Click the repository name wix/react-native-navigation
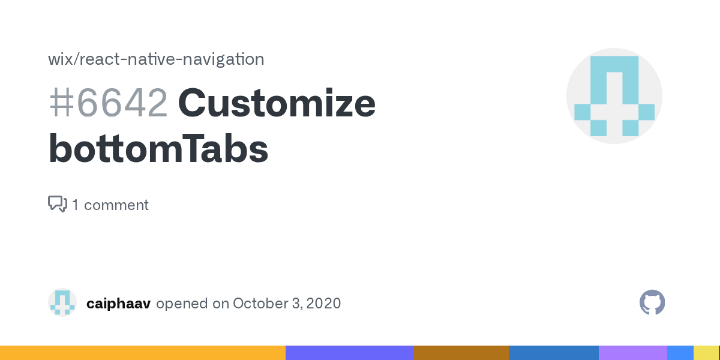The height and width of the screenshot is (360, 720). [x=156, y=59]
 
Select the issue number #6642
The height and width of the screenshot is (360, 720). [x=108, y=103]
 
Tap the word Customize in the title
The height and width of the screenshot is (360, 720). [x=277, y=103]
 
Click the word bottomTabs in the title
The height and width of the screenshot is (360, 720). [x=158, y=149]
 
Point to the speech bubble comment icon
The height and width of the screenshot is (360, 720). [x=57, y=204]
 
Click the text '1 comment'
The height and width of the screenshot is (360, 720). [x=110, y=205]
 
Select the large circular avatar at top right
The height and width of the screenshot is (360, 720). [x=614, y=96]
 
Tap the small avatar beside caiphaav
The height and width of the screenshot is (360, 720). [x=62, y=302]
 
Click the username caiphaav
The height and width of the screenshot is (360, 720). [x=118, y=304]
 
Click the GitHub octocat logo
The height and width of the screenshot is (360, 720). [x=652, y=302]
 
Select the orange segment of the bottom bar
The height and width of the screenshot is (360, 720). [x=143, y=353]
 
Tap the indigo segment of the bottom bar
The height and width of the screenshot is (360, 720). [x=349, y=353]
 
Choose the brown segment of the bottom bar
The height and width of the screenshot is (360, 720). [x=460, y=353]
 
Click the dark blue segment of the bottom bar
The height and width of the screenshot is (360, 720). [x=553, y=353]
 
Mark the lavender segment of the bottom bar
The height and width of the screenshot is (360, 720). [x=632, y=353]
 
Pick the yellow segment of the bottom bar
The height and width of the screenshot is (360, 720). [x=706, y=353]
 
